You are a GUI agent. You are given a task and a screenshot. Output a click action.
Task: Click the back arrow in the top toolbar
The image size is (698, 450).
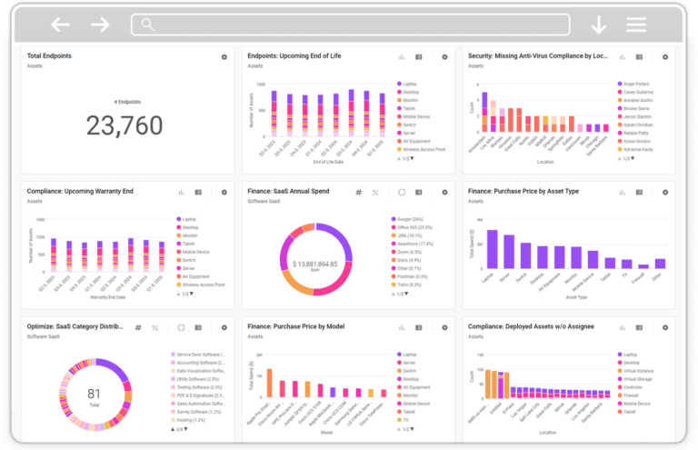tap(60, 25)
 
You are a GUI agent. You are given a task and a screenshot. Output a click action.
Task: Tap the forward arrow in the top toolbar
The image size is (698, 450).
tap(100, 25)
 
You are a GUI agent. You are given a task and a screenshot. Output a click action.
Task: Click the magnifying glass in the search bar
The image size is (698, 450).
tap(147, 25)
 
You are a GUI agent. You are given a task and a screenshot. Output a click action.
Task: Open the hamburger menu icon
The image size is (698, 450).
tap(636, 25)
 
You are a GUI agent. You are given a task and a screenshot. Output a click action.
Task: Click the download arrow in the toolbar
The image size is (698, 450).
tap(598, 25)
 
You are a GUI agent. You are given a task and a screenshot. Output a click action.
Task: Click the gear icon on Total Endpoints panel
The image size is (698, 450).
tap(224, 56)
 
